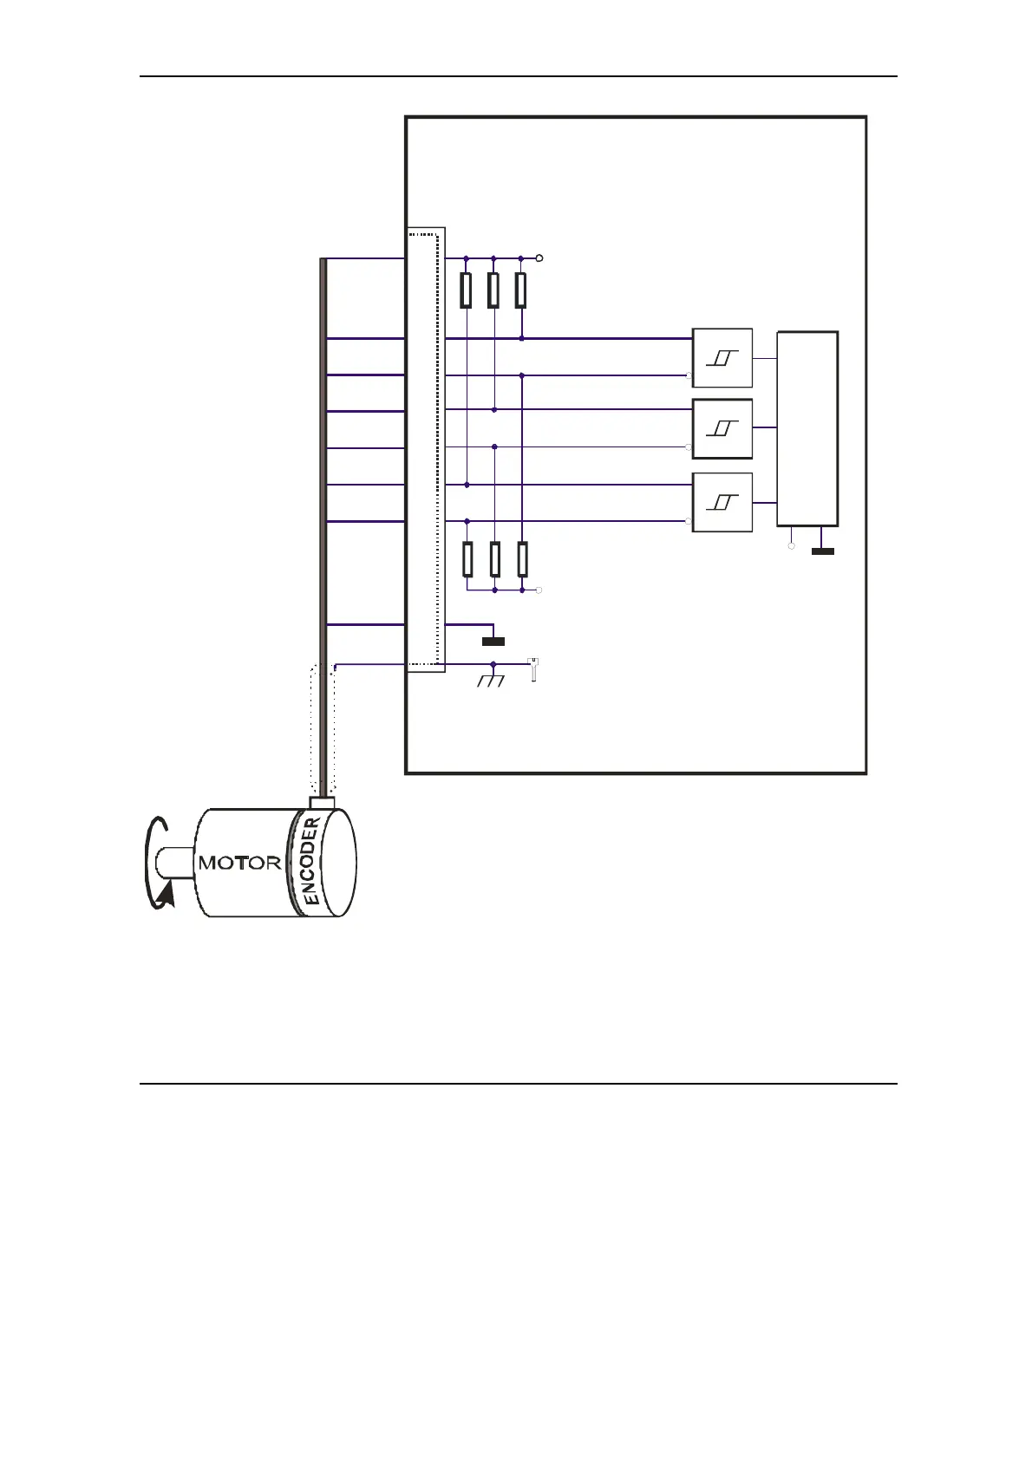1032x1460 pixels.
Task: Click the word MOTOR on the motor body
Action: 239,863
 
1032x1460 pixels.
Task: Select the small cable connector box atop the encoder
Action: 322,803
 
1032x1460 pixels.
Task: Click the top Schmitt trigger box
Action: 722,358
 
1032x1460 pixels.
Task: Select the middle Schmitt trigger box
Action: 722,428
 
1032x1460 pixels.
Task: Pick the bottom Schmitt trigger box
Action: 722,503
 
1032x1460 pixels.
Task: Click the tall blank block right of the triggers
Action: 807,428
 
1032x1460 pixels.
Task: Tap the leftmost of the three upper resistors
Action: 467,290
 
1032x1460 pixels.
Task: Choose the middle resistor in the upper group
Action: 493,290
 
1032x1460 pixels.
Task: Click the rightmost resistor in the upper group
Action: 520,290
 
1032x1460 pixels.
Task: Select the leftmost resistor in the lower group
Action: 467,559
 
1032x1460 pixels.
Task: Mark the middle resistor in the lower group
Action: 494,559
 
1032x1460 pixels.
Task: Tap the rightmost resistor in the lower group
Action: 522,559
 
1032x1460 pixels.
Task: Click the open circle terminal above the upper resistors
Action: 539,258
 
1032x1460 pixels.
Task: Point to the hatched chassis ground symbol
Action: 492,681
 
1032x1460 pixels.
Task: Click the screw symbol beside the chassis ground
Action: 533,670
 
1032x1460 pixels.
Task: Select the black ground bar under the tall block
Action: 822,551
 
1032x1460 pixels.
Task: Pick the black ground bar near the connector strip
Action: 493,642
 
